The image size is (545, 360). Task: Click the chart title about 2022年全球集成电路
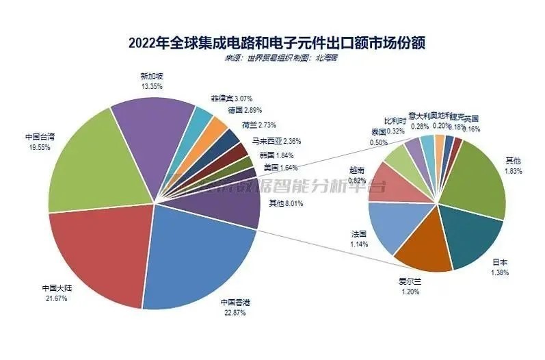click(272, 43)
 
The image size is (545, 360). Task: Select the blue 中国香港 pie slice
click(198, 253)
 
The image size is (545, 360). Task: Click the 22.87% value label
click(233, 313)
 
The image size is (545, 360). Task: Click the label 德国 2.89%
click(244, 111)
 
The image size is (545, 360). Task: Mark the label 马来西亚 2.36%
click(276, 142)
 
